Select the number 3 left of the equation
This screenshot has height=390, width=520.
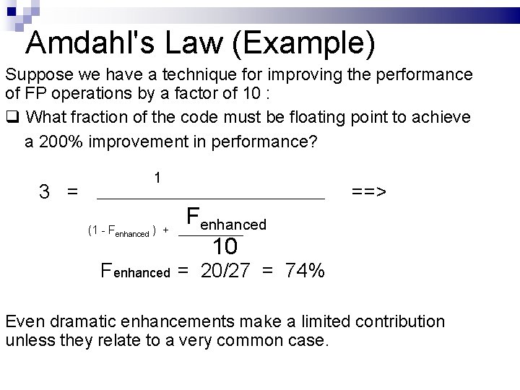tap(45, 192)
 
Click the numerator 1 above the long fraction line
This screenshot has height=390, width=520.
tap(157, 178)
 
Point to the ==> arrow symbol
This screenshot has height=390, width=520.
tap(369, 192)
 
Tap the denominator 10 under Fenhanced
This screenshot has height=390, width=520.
tap(225, 247)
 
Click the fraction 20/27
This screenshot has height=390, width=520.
tap(227, 272)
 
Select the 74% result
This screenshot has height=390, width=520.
tap(305, 272)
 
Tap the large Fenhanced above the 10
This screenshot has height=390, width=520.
tap(226, 218)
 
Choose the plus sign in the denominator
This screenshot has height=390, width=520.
tap(165, 231)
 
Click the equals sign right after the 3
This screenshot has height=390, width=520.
tap(72, 192)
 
